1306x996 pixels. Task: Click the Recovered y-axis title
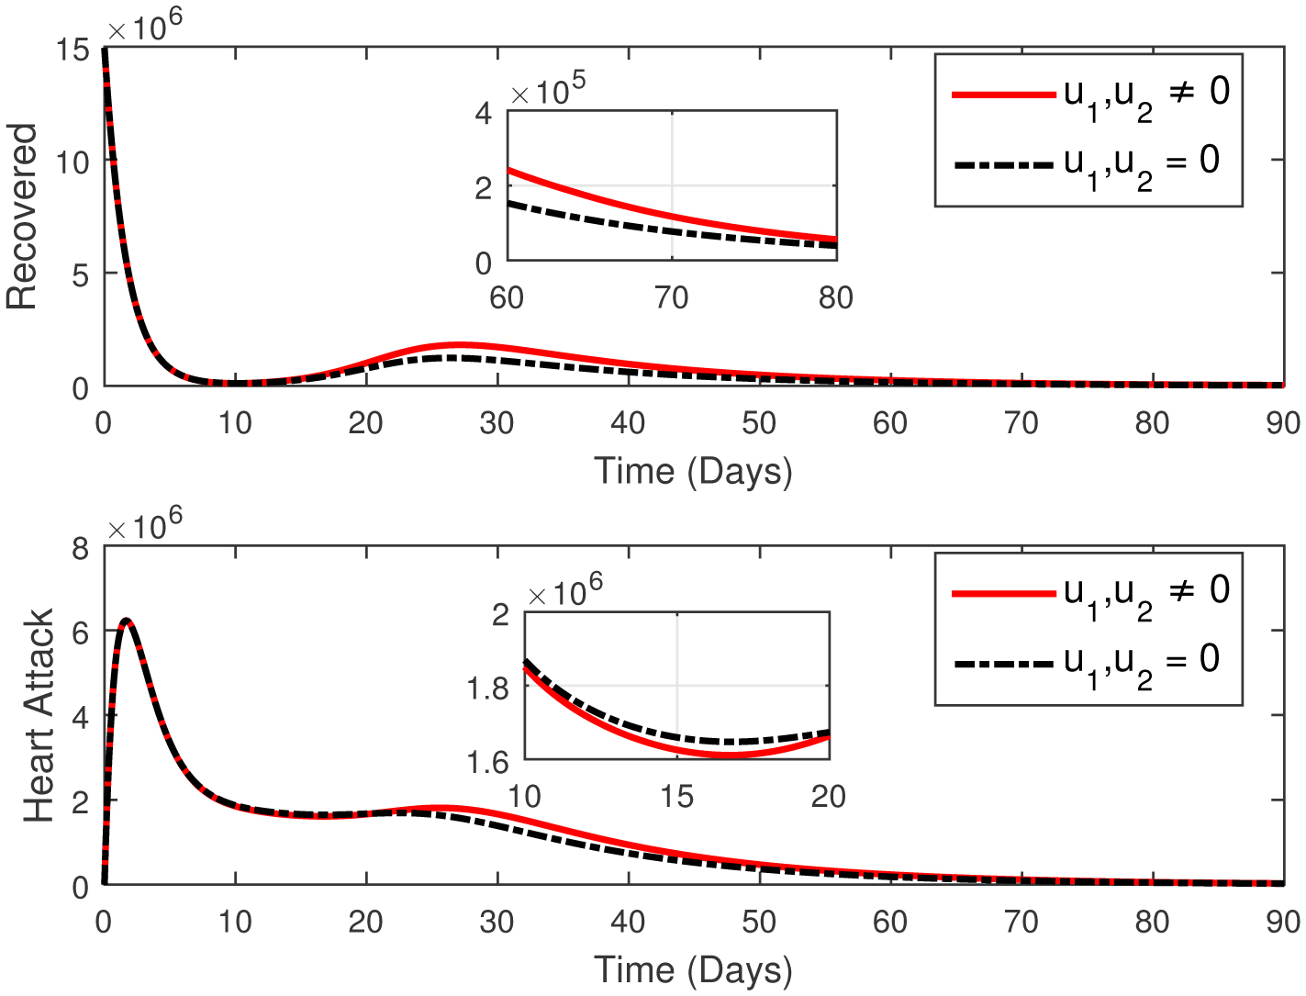(22, 217)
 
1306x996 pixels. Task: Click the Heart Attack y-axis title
(39, 715)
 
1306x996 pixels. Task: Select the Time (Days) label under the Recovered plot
(693, 471)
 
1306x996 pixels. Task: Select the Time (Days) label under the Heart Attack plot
(693, 969)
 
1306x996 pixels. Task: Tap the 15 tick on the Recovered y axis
(73, 50)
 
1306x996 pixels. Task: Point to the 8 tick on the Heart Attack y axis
(81, 549)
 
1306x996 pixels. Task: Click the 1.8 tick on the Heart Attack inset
(487, 688)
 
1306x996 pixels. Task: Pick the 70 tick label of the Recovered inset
(671, 297)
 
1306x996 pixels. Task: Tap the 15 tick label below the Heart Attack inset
(676, 796)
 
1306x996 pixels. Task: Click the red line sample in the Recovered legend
(1003, 95)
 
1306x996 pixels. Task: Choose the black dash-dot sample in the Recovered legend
(1003, 165)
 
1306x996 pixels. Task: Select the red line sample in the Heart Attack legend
(1003, 594)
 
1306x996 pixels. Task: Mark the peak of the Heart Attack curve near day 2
(127, 621)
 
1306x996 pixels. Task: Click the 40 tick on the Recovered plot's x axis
(628, 423)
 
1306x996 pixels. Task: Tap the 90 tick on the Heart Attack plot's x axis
(1283, 922)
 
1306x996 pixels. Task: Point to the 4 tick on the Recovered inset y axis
(484, 113)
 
